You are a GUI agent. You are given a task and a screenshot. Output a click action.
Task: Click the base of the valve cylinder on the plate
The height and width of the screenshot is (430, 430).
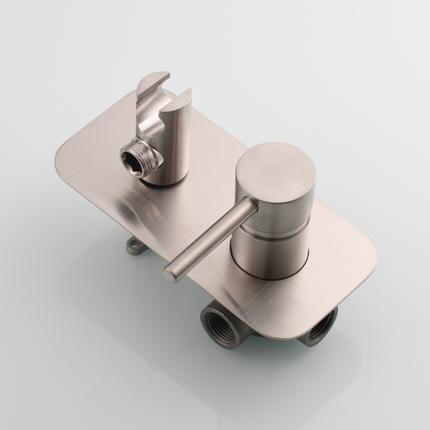pos(267,275)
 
